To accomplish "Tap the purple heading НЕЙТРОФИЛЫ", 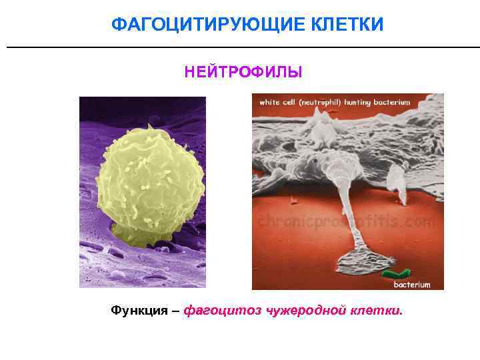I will [x=243, y=71].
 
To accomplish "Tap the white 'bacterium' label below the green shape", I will [x=412, y=285].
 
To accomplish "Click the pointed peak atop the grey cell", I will [x=323, y=117].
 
